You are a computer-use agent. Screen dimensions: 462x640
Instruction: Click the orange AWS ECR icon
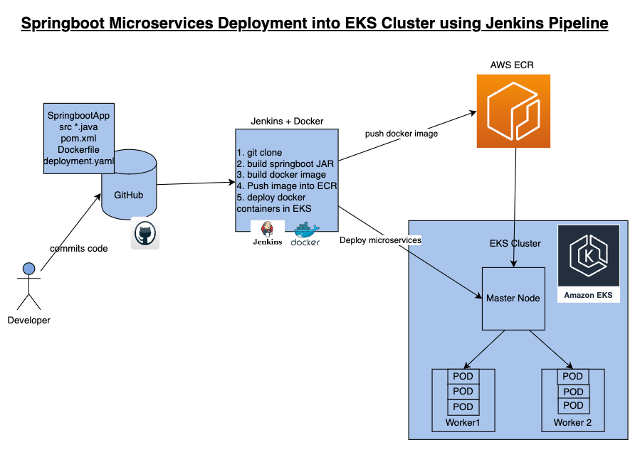tap(513, 112)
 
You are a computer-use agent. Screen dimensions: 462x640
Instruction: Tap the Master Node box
tap(513, 298)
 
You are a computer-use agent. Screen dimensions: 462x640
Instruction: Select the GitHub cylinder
tap(129, 188)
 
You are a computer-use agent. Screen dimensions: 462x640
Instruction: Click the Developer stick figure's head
tap(28, 269)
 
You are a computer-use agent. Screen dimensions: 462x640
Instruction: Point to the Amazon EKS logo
tap(588, 264)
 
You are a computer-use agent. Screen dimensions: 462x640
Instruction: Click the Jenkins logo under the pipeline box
tap(268, 233)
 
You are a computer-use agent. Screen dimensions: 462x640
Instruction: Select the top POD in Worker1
tap(463, 376)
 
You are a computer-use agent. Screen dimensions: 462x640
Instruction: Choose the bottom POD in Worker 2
tap(573, 405)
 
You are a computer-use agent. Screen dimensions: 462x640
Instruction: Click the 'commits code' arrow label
tap(78, 248)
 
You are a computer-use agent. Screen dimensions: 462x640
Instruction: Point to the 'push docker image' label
tap(402, 134)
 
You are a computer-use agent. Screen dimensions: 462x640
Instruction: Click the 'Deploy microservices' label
tap(380, 240)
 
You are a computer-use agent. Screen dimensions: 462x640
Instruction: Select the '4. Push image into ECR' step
tap(286, 186)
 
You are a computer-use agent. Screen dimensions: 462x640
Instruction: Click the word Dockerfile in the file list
tap(78, 151)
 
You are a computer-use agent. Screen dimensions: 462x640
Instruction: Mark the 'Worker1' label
tap(463, 423)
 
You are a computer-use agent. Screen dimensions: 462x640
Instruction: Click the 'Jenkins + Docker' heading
tap(287, 121)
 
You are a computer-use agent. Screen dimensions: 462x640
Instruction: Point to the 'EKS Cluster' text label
tap(515, 243)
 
